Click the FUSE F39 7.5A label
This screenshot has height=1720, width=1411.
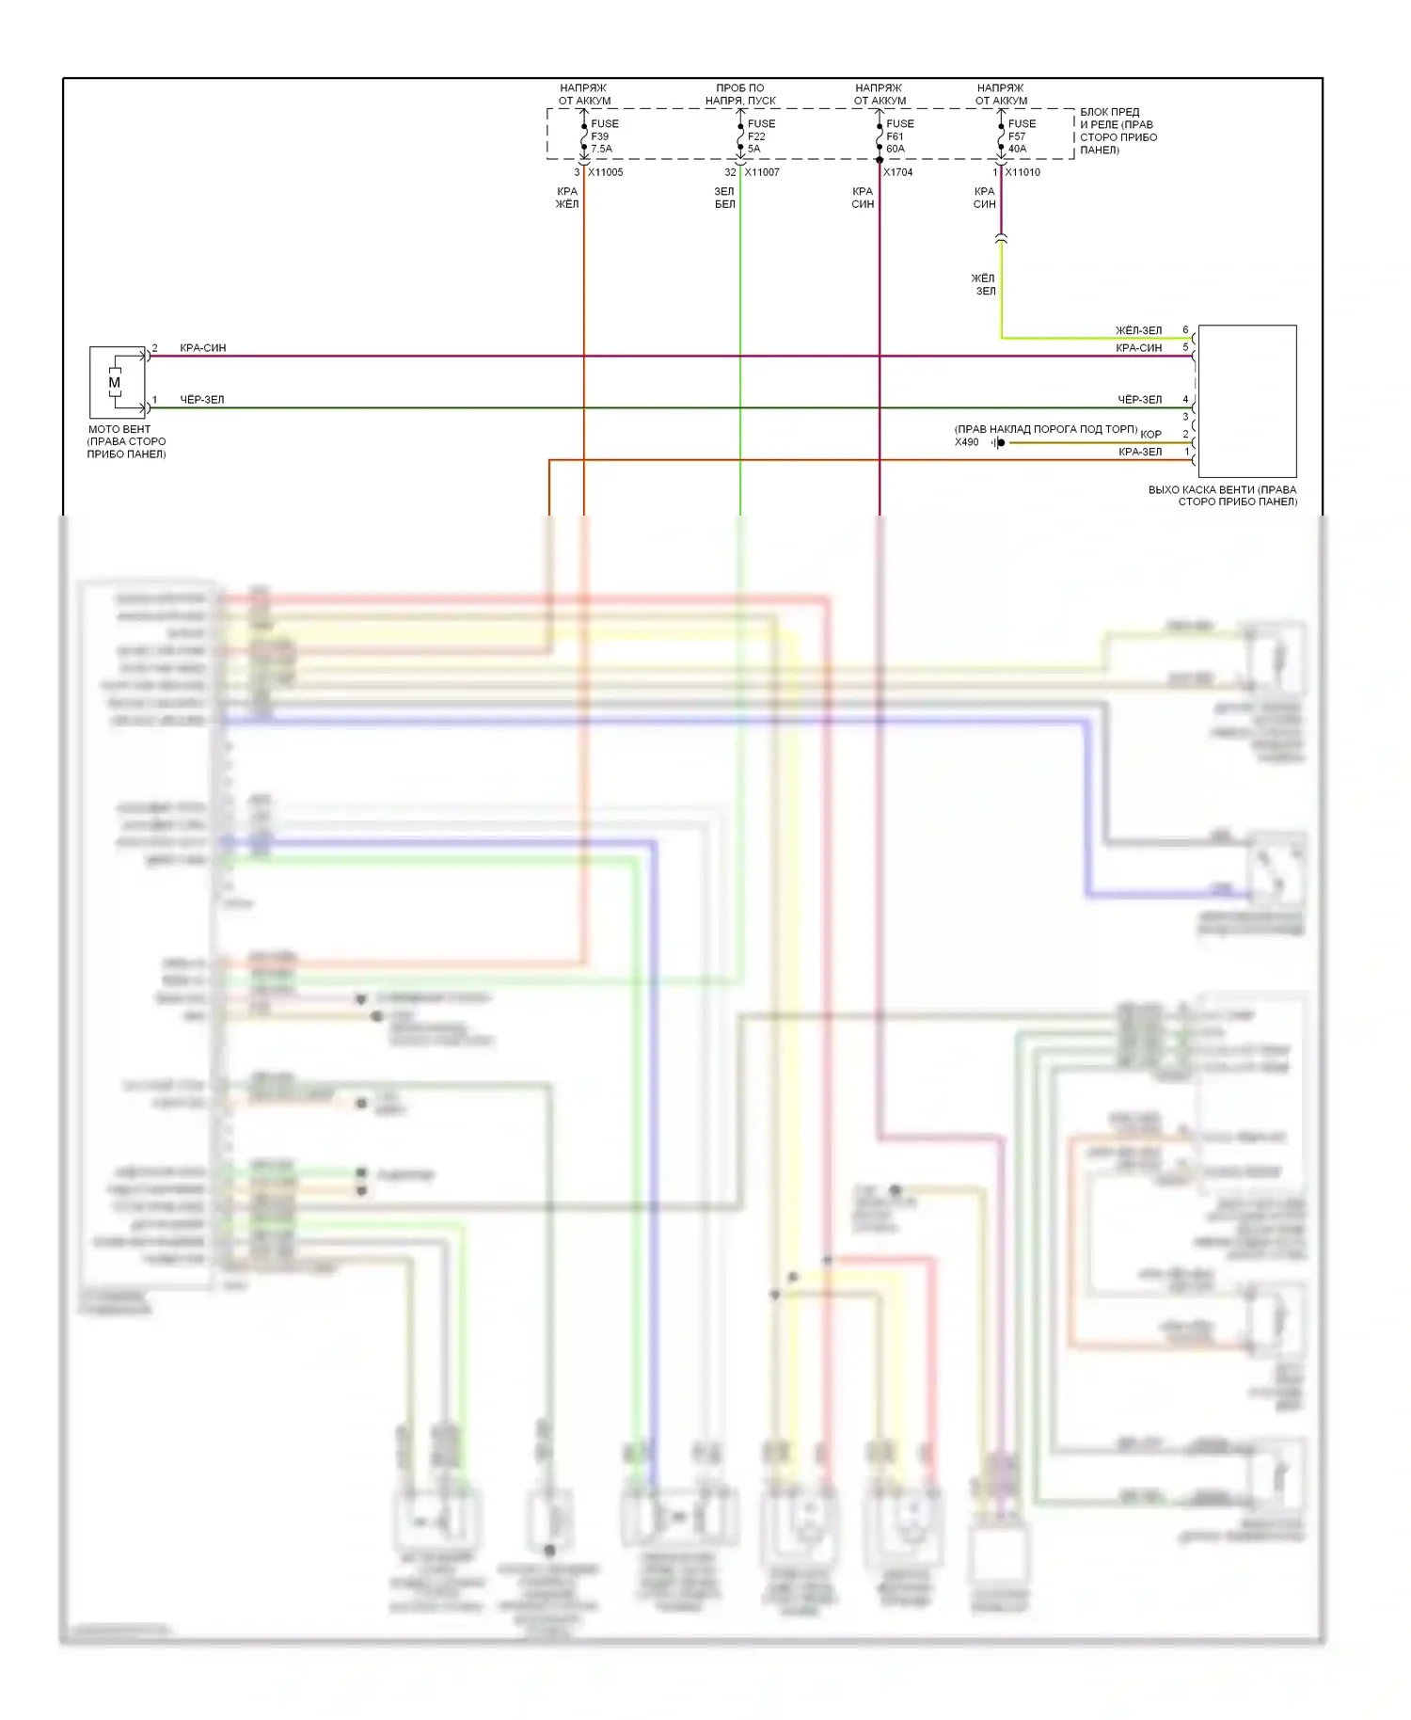[603, 136]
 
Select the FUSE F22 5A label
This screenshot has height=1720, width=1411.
[760, 136]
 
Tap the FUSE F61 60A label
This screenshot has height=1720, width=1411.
[898, 136]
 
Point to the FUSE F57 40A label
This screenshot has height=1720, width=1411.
[1021, 136]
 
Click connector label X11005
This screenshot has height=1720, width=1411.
[605, 173]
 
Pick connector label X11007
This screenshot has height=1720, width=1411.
[761, 173]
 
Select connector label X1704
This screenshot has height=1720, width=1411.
[897, 173]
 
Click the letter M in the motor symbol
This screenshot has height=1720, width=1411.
[115, 383]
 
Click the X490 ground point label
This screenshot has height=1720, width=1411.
[966, 442]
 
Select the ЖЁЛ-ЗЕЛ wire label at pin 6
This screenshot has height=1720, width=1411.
[1138, 331]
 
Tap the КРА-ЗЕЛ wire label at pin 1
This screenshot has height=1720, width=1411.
[1139, 453]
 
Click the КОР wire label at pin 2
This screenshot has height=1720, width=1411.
[1150, 435]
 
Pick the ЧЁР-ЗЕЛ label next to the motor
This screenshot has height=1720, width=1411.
[202, 400]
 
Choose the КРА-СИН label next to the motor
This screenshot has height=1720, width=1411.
[203, 348]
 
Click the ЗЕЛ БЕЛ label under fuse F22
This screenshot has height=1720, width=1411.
[724, 198]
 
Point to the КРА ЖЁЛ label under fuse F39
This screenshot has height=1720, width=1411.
[567, 198]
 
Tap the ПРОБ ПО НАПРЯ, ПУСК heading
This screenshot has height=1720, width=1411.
[740, 94]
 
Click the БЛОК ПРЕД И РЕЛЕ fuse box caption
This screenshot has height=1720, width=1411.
[1118, 131]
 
